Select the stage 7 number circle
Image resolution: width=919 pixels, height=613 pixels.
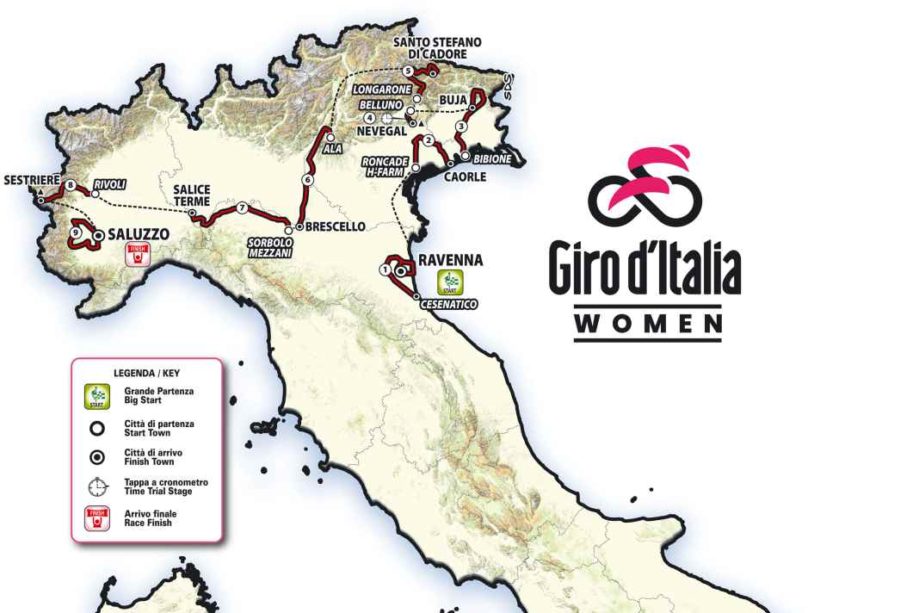[243, 207]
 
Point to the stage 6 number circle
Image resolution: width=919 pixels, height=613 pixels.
[307, 180]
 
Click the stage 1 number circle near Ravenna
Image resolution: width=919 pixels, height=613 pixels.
[384, 269]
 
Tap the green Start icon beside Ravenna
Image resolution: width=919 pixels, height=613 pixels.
[451, 282]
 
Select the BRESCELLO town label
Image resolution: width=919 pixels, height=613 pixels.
[336, 227]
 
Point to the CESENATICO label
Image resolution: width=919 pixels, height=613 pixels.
[448, 305]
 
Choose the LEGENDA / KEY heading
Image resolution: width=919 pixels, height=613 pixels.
[145, 374]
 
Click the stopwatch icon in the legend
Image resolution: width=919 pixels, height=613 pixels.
[98, 486]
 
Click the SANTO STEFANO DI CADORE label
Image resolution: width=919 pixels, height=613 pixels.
[437, 47]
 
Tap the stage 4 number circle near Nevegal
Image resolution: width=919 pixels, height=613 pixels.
[369, 118]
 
